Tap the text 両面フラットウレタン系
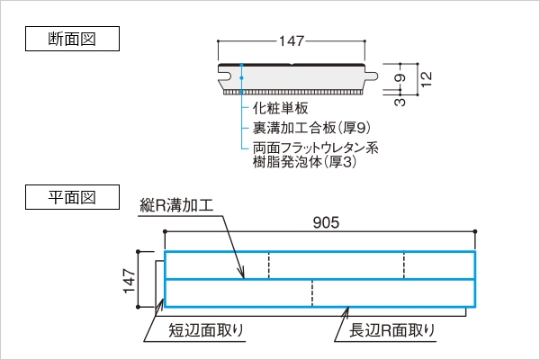tap(314, 148)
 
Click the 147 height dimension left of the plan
tap(128, 280)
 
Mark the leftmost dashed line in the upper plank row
tap(269, 265)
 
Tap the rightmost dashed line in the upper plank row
tap(404, 265)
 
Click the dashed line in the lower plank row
tap(311, 293)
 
